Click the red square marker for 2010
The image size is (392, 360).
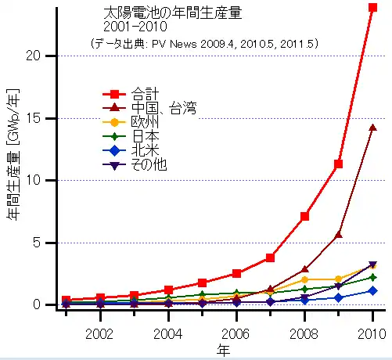tap(372, 7)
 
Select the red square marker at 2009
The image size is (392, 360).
tap(338, 164)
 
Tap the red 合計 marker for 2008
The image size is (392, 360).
tap(304, 216)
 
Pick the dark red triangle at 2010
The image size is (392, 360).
tap(372, 128)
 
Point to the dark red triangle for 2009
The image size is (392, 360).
tap(339, 235)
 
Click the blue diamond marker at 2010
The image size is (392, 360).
tap(372, 290)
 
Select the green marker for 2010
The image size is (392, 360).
tap(372, 277)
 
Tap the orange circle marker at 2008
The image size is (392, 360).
tap(304, 280)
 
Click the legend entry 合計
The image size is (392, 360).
tap(145, 94)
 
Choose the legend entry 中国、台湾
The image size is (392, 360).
tap(164, 108)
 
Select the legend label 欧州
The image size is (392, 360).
tap(145, 122)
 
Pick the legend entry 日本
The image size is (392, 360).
tap(145, 136)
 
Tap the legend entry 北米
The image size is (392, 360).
tap(145, 150)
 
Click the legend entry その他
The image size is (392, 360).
tap(149, 164)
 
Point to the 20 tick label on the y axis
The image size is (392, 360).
tap(33, 56)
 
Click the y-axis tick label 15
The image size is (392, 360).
tap(34, 118)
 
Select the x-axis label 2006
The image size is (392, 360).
tap(236, 333)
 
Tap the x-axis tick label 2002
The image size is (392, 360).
tap(99, 333)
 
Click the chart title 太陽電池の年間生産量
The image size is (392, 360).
tap(173, 13)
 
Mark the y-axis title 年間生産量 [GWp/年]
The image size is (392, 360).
tap(13, 155)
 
